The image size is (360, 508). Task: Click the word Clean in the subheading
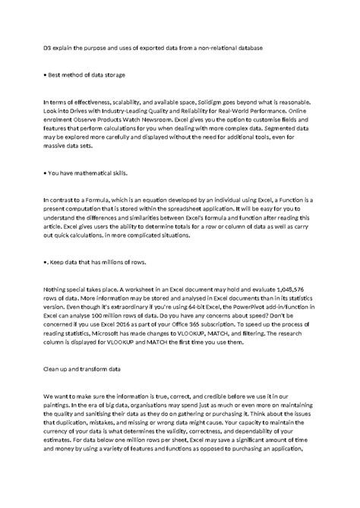[53, 368]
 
